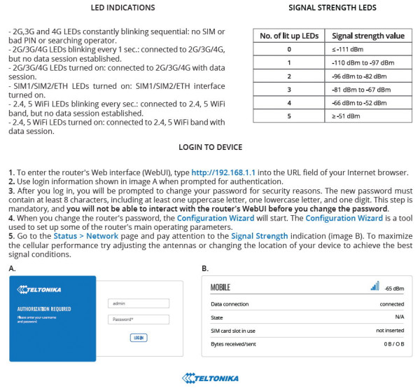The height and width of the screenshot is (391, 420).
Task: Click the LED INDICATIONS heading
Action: pos(123,8)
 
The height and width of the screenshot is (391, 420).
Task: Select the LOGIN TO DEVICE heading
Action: pos(211,147)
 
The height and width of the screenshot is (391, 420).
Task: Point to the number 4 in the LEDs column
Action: pos(288,102)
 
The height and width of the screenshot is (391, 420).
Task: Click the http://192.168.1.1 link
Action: pos(223,172)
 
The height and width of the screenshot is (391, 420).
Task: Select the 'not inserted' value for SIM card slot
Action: pos(389,330)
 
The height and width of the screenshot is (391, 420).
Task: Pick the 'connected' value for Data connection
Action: pos(391,304)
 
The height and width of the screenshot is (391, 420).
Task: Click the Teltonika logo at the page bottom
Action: pos(210,378)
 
